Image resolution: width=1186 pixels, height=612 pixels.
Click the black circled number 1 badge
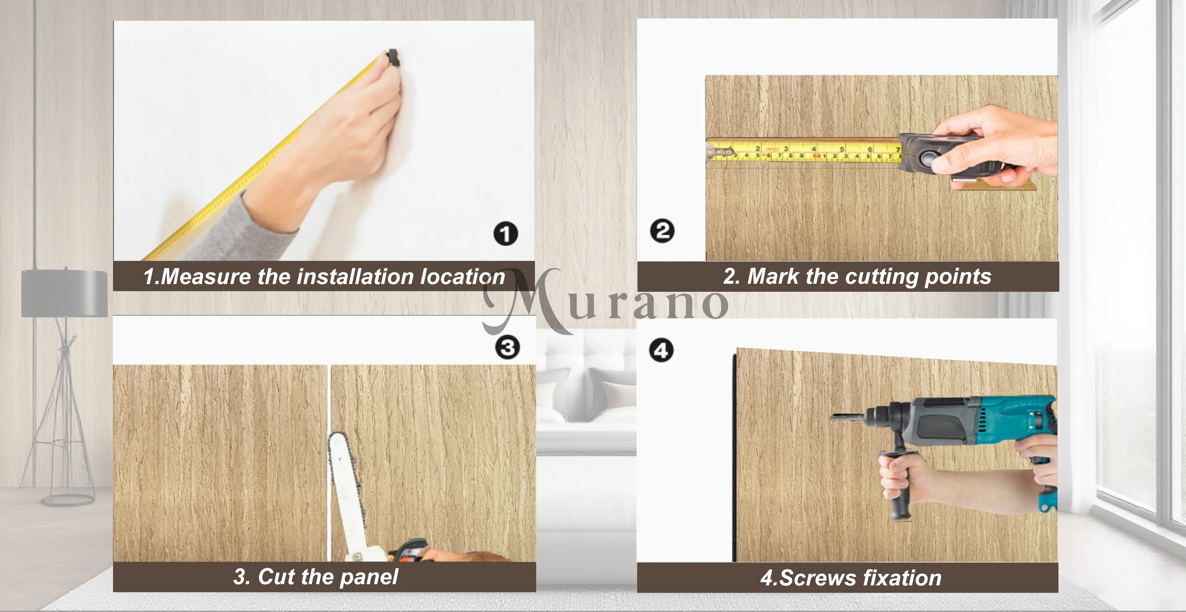[506, 234]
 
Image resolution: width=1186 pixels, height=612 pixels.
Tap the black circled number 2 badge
[662, 231]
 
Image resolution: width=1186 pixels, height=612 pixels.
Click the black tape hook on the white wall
[393, 58]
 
